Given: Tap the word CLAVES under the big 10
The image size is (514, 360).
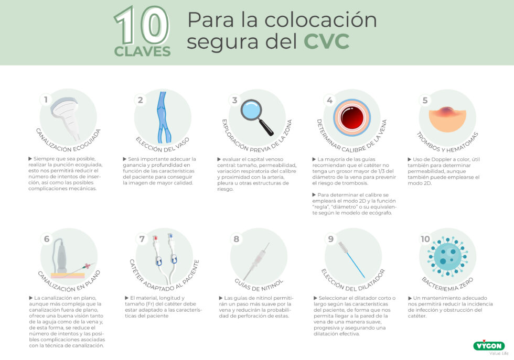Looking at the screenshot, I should coord(143,51).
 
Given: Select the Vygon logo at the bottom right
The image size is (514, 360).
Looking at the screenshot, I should coord(488,346).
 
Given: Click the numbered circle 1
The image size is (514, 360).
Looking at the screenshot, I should coord(46,100).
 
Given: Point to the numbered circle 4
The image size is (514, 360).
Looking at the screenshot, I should coord(329,100).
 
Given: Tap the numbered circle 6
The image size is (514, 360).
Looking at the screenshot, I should coord(46,239).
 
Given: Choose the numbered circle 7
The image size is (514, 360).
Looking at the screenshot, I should coord(142,239).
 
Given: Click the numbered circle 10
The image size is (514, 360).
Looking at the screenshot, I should coord(425,239).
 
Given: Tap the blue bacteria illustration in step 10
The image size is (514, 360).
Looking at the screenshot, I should coord(446,254).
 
